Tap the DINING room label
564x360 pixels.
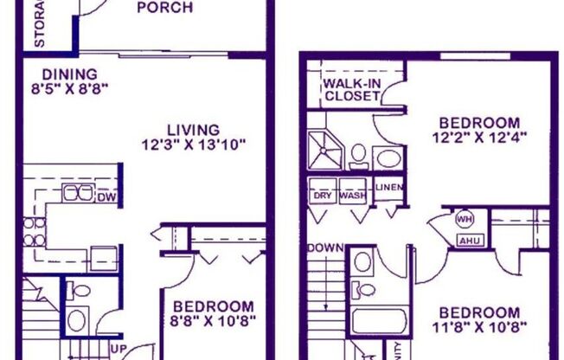[x=57, y=74]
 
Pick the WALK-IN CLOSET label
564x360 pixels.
[x=352, y=89]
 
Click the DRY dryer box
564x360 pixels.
[x=323, y=195]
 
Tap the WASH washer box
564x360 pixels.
[x=352, y=195]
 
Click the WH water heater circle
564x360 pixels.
[x=465, y=219]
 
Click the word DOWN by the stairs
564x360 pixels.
[x=325, y=248]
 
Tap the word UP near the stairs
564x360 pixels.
[x=122, y=350]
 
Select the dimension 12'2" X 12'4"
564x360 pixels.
[x=479, y=137]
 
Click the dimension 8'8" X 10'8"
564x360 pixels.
[x=213, y=322]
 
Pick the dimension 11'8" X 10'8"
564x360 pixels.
[x=479, y=328]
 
